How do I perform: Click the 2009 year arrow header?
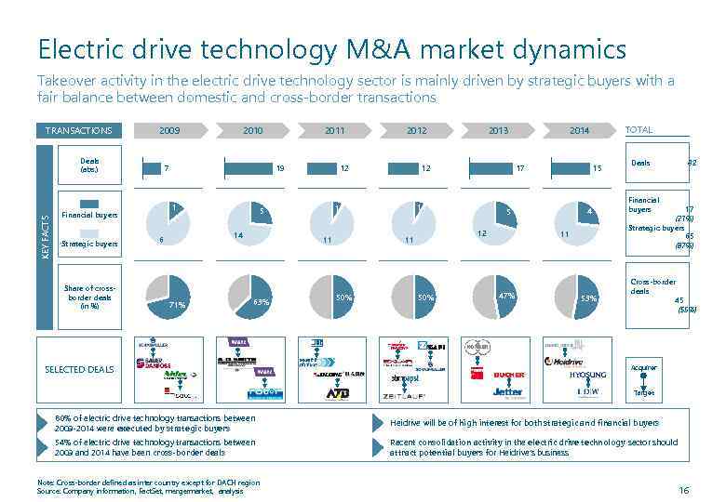tap(169, 131)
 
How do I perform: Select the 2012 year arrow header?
tap(416, 131)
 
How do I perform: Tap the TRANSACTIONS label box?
tap(79, 131)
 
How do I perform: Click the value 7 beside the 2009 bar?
tap(166, 169)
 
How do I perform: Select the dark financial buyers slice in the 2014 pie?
tap(585, 213)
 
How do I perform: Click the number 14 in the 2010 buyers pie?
tap(238, 235)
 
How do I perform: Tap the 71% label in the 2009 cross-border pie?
tap(177, 304)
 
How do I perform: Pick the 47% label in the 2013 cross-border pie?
tap(506, 296)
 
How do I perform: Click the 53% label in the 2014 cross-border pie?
tap(588, 298)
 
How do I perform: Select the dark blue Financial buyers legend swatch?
tap(89, 204)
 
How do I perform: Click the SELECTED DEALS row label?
tap(79, 369)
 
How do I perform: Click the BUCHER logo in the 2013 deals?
tap(509, 376)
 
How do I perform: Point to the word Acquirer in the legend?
tap(644, 367)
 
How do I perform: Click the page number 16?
tap(684, 490)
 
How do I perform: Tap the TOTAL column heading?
tap(639, 131)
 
